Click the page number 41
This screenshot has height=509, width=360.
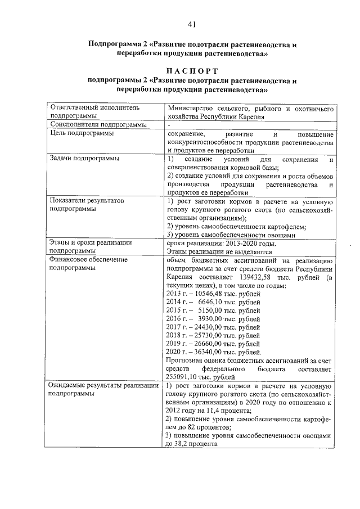(192, 24)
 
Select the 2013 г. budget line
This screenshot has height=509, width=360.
(213, 294)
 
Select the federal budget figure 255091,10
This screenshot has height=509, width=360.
(185, 376)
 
